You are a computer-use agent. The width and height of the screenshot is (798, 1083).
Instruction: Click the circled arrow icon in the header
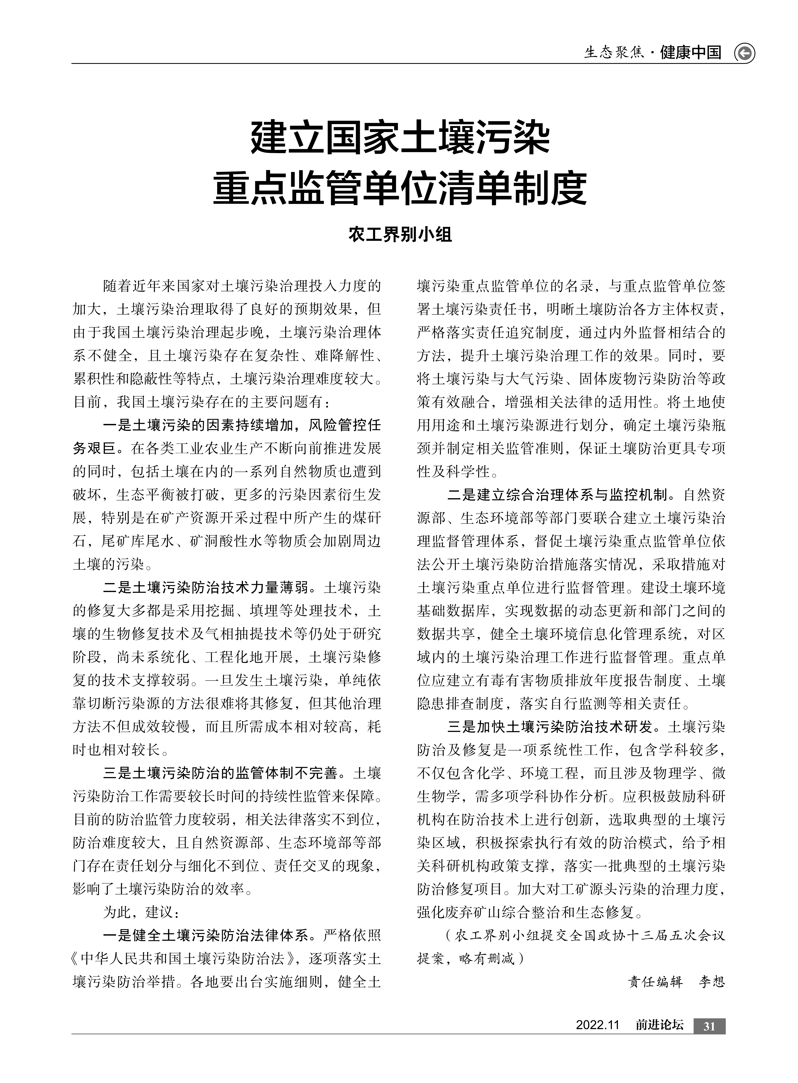point(744,53)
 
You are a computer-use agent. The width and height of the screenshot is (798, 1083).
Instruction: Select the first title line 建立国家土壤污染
point(400,139)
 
